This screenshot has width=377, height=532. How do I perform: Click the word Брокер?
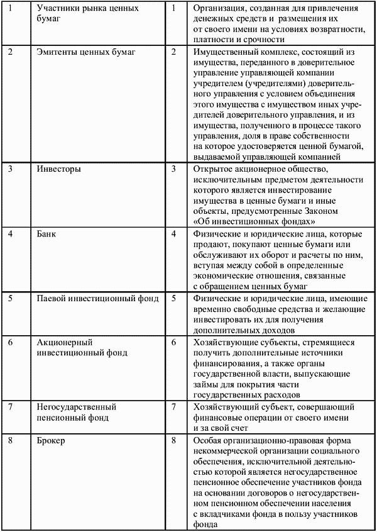click(x=52, y=441)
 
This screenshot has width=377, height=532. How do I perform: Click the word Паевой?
click(x=53, y=297)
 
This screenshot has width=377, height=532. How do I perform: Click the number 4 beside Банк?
click(x=10, y=234)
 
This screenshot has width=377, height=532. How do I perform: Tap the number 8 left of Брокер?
click(x=10, y=441)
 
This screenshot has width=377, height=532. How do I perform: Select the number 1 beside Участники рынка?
click(x=10, y=9)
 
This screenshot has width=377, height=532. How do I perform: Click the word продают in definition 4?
click(x=212, y=244)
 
